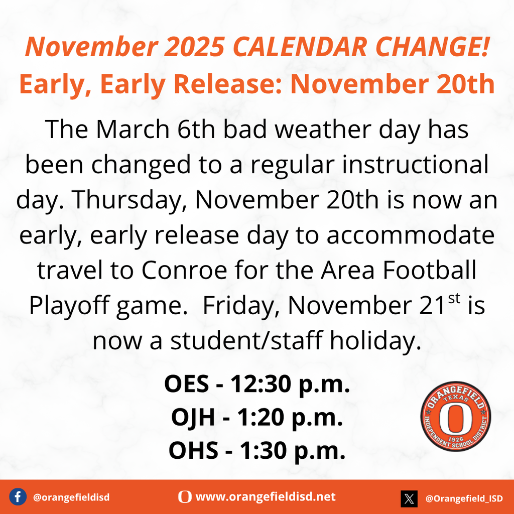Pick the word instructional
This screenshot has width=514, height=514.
(415, 165)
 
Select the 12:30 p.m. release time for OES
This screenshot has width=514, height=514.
(290, 384)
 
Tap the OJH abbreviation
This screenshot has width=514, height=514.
(194, 418)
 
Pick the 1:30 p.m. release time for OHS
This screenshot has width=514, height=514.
(293, 451)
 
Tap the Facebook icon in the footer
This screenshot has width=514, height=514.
(18, 497)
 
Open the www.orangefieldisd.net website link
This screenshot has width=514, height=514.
(266, 497)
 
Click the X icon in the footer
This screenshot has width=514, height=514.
(409, 498)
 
